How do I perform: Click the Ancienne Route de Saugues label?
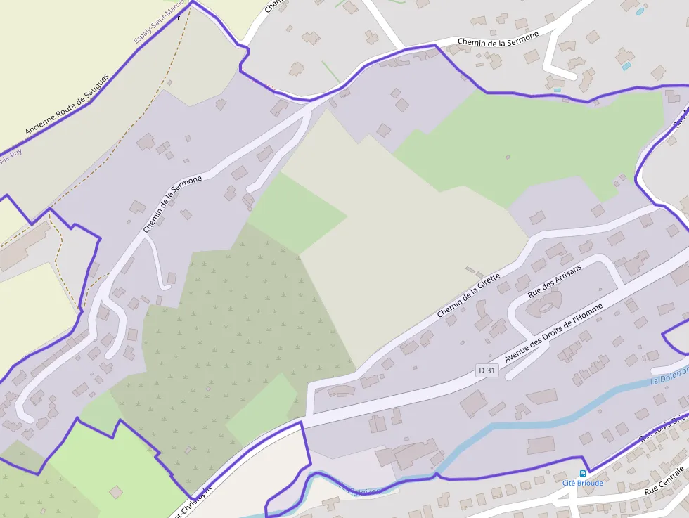(67, 105)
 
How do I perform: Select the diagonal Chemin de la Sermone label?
(172, 204)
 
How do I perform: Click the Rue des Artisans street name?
(555, 280)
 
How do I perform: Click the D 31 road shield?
(487, 370)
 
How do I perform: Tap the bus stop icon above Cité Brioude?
(582, 473)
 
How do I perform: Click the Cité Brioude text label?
(582, 483)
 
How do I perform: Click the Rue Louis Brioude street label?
(664, 427)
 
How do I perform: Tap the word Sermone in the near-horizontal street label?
(522, 35)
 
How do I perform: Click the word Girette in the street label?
(487, 284)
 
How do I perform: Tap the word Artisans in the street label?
(567, 273)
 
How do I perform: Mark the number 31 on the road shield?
(490, 370)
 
